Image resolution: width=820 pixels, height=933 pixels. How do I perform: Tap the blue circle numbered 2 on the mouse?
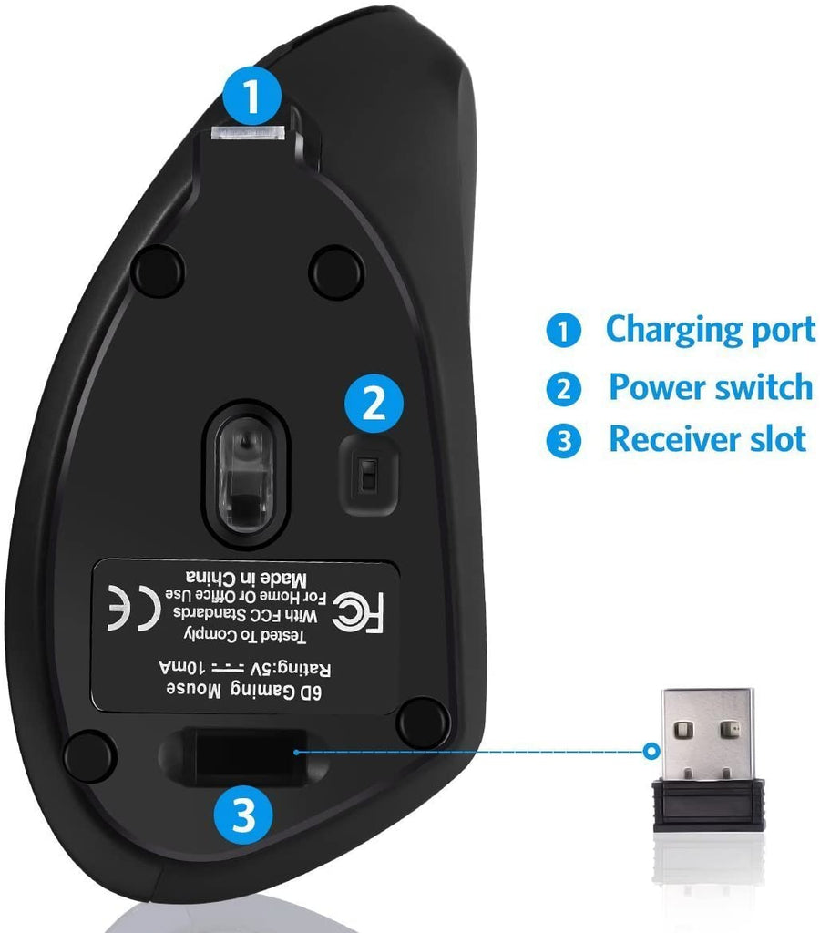[x=374, y=404]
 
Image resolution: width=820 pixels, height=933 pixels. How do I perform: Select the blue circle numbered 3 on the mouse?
[x=243, y=815]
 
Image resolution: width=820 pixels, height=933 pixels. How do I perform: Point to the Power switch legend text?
[x=711, y=386]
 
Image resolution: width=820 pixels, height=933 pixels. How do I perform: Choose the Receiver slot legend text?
[x=708, y=438]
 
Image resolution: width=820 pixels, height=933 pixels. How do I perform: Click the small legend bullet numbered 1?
[x=563, y=330]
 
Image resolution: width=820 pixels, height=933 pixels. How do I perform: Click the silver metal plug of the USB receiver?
[x=708, y=734]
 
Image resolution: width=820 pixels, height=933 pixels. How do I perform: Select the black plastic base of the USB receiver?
[x=708, y=805]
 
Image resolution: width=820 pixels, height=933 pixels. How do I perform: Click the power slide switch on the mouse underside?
[x=368, y=475]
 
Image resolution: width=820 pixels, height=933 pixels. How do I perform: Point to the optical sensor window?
[x=245, y=473]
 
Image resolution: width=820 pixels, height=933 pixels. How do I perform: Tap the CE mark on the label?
[x=133, y=608]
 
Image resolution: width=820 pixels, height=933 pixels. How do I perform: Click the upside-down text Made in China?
[x=246, y=577]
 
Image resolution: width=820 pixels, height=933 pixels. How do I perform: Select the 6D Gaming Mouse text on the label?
[x=243, y=691]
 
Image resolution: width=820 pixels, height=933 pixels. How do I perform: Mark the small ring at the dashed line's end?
[x=652, y=751]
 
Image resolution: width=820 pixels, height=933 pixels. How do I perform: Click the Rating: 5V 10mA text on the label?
[x=244, y=668]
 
